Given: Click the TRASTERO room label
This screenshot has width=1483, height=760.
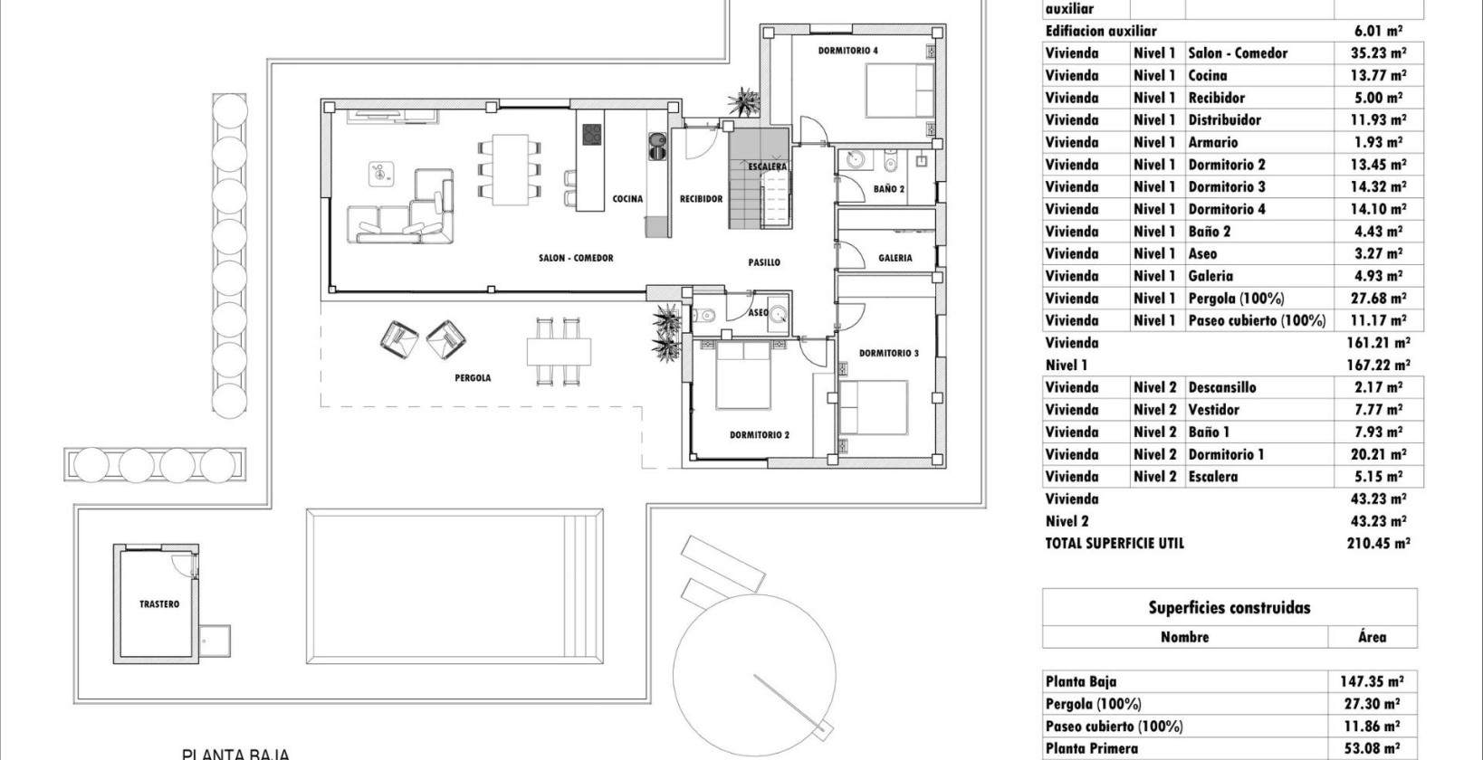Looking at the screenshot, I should click(x=159, y=604).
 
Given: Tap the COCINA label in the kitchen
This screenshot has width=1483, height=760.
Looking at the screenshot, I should click(x=627, y=199).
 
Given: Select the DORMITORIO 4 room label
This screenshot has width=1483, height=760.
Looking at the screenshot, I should click(x=847, y=52).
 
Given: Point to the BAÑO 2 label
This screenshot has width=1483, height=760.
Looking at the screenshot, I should click(x=889, y=189).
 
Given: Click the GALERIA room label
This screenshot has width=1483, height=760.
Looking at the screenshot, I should click(x=895, y=258).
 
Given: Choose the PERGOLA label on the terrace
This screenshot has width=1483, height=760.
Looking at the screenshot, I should click(x=473, y=378).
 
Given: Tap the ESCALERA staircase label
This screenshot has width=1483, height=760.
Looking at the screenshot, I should click(x=768, y=167).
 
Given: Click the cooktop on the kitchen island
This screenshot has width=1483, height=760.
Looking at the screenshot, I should click(x=590, y=134).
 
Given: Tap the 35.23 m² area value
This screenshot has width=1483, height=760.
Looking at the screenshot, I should click(x=1372, y=53).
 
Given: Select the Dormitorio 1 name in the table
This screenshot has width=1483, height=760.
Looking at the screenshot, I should click(x=1226, y=454).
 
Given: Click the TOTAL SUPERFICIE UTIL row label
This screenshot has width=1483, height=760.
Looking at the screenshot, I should click(x=1115, y=544).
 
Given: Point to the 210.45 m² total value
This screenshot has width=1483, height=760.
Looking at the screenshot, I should click(x=1377, y=544).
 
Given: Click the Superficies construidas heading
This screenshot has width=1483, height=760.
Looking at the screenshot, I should click(x=1229, y=608).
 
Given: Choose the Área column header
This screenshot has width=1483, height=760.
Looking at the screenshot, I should click(x=1372, y=637).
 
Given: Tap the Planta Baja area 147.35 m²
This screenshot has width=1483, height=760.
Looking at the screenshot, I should click(x=1372, y=682).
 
